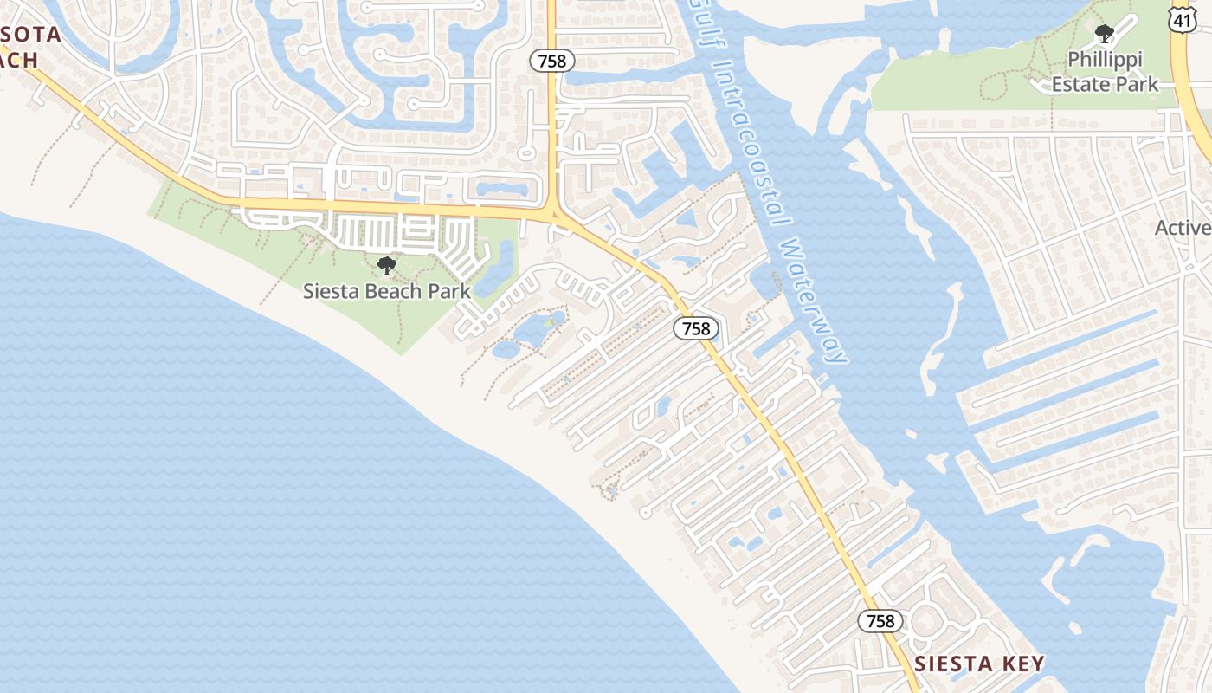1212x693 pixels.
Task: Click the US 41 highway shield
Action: tap(1183, 18)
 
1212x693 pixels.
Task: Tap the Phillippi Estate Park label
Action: tap(1105, 72)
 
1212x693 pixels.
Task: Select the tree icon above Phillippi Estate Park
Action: tap(1104, 35)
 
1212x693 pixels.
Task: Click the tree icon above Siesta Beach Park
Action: tap(387, 265)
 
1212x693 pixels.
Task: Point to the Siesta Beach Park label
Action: tap(387, 291)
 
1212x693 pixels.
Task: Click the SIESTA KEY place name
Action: tap(979, 664)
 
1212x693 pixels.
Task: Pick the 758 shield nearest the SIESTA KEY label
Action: tap(880, 621)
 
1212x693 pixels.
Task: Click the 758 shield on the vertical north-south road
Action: tap(552, 60)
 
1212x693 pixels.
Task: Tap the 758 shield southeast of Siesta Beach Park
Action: tap(696, 328)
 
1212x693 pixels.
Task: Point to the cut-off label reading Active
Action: tap(1183, 228)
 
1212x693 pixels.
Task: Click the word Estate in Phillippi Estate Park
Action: tap(1080, 84)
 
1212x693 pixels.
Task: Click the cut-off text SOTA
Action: tap(30, 35)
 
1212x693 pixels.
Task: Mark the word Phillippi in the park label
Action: tap(1105, 60)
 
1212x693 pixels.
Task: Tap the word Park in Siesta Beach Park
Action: tap(450, 291)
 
